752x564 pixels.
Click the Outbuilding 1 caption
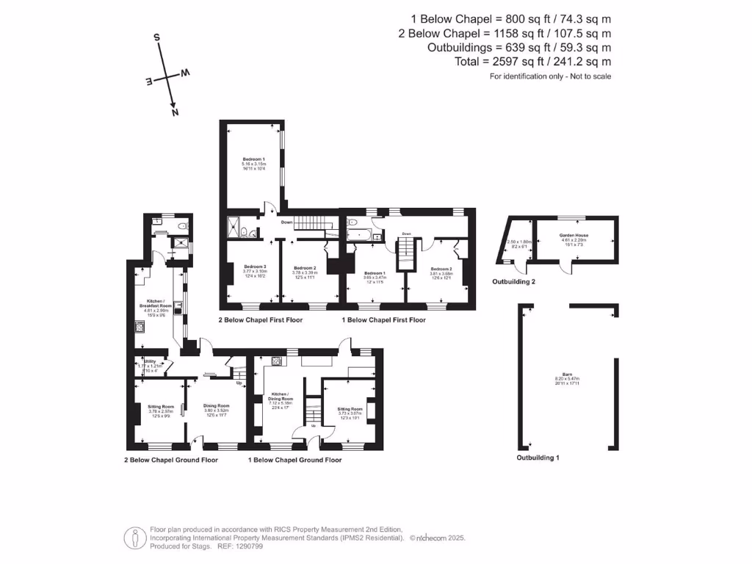click(538, 458)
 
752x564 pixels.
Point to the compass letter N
click(175, 112)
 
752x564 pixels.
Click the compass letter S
click(156, 36)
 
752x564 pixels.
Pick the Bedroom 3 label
click(254, 268)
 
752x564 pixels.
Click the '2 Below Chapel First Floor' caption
click(260, 320)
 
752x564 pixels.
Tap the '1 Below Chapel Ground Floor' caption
click(294, 460)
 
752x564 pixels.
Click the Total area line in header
click(532, 62)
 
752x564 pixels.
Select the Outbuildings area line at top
click(519, 48)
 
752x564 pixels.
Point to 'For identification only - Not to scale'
click(550, 76)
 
